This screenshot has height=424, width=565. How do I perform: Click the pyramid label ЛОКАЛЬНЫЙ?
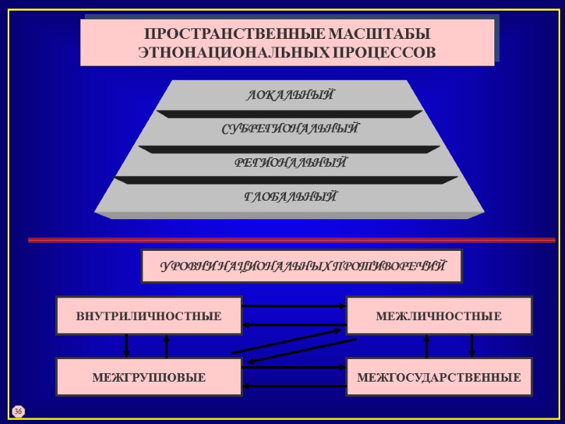[x=290, y=95]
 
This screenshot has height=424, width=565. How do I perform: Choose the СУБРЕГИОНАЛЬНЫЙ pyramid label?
[x=290, y=129]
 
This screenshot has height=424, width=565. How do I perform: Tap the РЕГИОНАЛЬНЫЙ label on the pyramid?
[x=290, y=163]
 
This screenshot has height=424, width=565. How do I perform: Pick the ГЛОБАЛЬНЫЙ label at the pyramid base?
[x=290, y=196]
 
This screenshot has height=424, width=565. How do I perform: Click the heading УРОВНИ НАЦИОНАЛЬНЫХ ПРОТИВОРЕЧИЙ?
[x=302, y=266]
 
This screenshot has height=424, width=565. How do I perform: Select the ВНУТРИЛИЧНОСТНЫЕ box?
[x=149, y=316]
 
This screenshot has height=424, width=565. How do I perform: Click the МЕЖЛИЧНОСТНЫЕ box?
[x=439, y=316]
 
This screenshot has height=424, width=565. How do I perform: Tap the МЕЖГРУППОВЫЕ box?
[x=149, y=377]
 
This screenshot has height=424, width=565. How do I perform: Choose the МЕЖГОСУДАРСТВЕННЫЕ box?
[x=439, y=377]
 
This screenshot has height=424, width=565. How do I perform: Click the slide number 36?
[x=18, y=411]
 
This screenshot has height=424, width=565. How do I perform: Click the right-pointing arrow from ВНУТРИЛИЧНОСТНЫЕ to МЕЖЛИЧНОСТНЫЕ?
[x=294, y=307]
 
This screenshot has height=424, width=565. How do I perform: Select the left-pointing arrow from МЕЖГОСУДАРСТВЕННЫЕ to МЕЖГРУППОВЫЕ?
[x=294, y=386]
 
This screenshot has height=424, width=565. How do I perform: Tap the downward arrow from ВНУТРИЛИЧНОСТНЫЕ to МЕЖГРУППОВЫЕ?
[x=126, y=346]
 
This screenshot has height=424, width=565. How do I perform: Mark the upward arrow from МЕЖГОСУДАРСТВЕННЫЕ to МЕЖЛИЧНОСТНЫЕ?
[x=427, y=346]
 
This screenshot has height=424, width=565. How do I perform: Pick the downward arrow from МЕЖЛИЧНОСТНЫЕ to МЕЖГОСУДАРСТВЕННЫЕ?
[x=472, y=346]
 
